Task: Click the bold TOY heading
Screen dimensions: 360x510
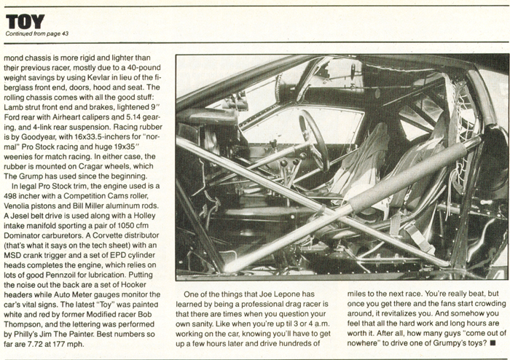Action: [24, 22]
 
